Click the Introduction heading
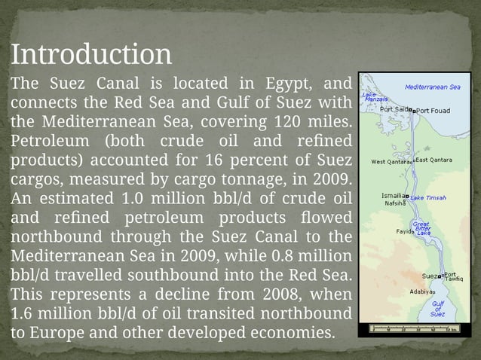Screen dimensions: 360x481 (x=91, y=55)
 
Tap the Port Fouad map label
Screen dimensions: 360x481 (x=434, y=110)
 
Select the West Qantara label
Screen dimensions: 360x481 (x=391, y=161)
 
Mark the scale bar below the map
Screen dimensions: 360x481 (x=414, y=328)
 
